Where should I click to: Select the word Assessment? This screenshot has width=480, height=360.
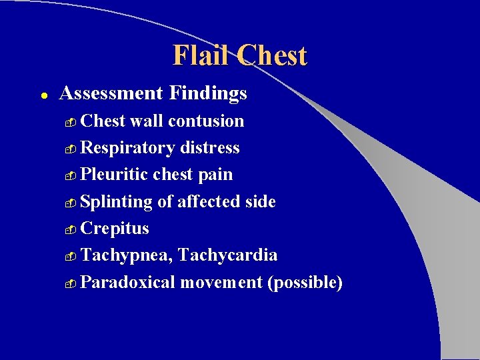[x=111, y=93]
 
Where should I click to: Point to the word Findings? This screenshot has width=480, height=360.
[x=208, y=94]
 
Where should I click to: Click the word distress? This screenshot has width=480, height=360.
[x=209, y=148]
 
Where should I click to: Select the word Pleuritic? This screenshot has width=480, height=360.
[x=114, y=175]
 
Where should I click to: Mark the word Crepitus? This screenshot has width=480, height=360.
[x=115, y=229]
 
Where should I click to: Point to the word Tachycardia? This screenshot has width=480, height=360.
[x=228, y=255]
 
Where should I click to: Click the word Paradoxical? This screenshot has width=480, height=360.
[x=127, y=283]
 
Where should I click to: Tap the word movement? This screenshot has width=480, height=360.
[x=221, y=283]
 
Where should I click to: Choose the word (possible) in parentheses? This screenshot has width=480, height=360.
[x=305, y=283]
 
